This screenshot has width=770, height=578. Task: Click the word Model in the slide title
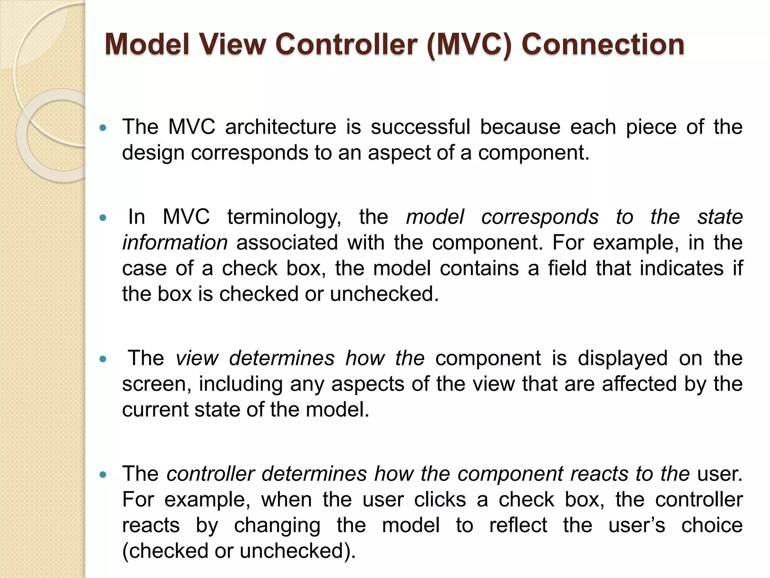coord(147,44)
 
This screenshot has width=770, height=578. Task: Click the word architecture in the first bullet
coord(280,127)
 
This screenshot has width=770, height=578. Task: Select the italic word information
coord(175,243)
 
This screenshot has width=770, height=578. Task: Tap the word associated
coord(287,243)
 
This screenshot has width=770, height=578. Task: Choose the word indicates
coord(682,268)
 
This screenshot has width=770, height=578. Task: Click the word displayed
coord(622,358)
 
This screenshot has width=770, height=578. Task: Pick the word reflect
coord(518,525)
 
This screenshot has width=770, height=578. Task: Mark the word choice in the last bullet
coord(712,525)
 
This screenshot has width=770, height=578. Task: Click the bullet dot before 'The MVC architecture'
coord(103,128)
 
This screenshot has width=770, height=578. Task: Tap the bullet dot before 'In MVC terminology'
coord(103,218)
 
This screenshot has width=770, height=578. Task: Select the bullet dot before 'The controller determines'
coord(103,475)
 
